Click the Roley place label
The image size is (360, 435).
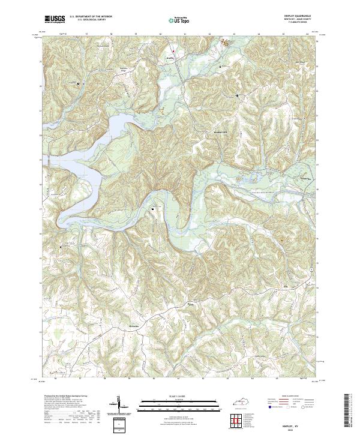pyautogui.click(x=191, y=305)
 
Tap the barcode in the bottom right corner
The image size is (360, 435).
pyautogui.click(x=350, y=410)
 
